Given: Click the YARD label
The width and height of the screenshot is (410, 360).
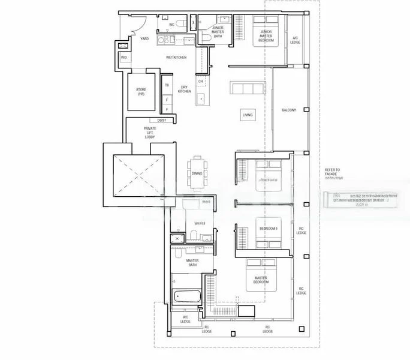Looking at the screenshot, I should pos(144,38).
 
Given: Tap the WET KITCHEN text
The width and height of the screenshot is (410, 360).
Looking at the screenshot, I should pos(176,57).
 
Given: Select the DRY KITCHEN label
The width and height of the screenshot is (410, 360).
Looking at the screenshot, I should pos(185,89).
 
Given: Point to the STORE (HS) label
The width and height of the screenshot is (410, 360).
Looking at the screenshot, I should pos(141,92).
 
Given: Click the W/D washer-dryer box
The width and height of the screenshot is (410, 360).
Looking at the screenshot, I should pos(124,58).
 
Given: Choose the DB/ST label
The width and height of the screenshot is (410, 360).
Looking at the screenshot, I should pos(162,121).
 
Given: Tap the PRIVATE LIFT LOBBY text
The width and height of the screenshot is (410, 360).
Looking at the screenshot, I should pos(149,133).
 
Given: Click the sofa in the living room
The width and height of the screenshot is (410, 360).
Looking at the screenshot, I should pos(245,89).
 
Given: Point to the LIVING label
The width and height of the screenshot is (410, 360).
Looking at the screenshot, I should pos(247,115).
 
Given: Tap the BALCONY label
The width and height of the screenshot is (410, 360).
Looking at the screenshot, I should pos(290,110).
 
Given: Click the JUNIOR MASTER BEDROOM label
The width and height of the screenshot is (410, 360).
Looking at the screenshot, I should pos(266,37).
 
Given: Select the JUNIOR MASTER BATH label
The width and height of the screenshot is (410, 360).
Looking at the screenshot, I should pos(217,33).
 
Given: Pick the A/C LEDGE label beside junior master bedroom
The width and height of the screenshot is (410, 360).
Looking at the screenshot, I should pos(295,39).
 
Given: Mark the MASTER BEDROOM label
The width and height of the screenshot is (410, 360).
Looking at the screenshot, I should pos(261,280).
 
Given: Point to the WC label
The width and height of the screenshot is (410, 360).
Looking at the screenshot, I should pos(171,25).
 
